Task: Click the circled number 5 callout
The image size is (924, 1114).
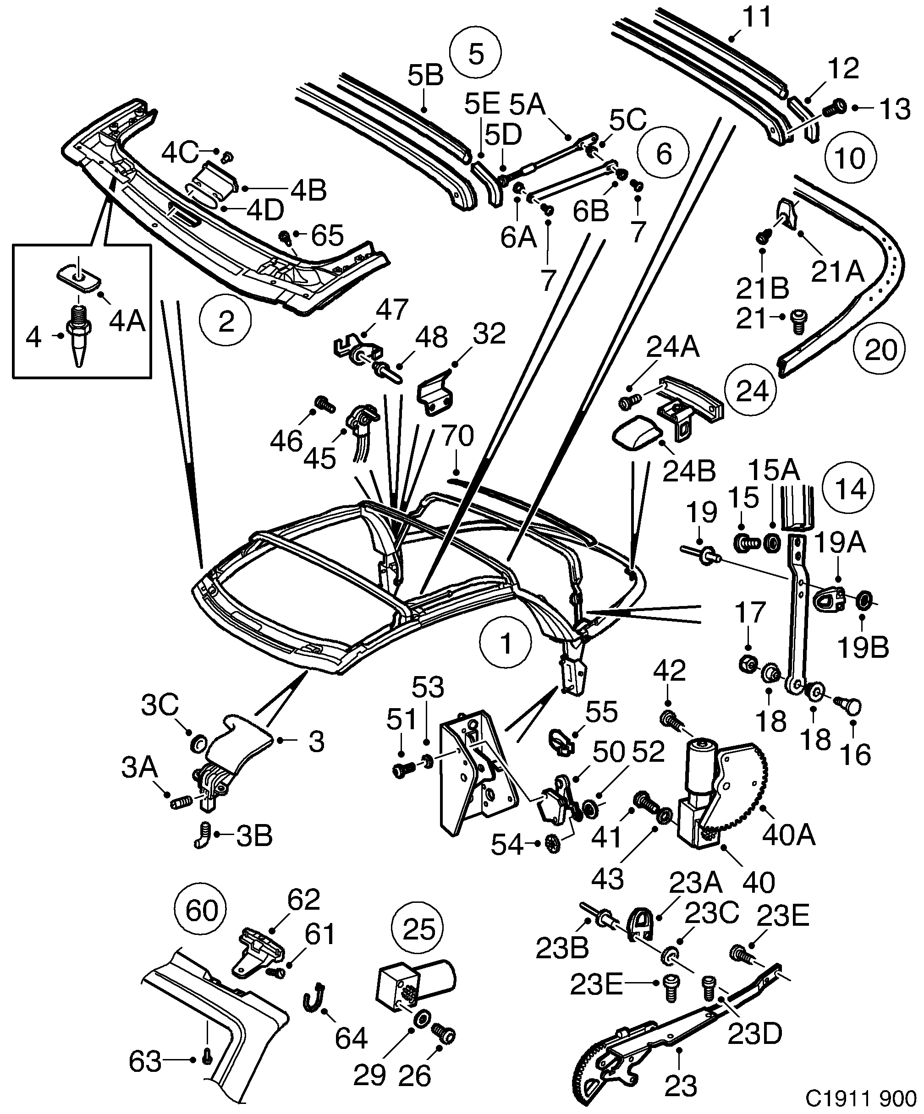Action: tap(476, 54)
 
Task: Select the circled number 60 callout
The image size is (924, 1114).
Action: tap(202, 911)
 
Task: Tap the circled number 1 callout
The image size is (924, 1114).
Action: tap(505, 642)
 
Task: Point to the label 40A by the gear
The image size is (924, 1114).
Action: tap(788, 835)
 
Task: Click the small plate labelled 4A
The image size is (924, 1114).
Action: tap(77, 278)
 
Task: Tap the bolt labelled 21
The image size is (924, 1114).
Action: tap(796, 321)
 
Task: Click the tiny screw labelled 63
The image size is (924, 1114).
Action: tap(208, 1070)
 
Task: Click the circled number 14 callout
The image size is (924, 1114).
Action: tap(847, 489)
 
